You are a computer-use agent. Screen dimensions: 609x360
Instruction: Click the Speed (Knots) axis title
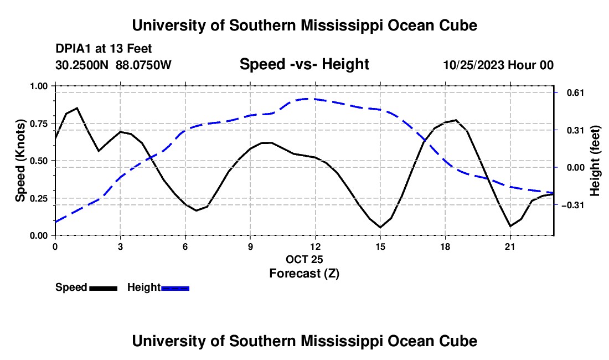point(20,161)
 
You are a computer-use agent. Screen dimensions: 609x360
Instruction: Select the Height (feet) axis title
point(595,161)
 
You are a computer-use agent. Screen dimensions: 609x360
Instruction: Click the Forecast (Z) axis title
point(304,274)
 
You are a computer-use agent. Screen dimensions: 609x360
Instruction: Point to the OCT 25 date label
point(304,259)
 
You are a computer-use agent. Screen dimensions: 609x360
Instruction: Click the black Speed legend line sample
point(104,288)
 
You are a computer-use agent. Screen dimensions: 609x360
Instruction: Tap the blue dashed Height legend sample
point(175,288)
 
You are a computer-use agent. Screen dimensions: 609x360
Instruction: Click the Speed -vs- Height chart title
point(304,64)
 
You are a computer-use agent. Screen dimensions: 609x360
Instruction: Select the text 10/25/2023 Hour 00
point(499,65)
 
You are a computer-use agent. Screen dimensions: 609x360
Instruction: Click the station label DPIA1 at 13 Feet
point(104,49)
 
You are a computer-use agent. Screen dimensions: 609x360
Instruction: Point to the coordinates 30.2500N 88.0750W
point(113,65)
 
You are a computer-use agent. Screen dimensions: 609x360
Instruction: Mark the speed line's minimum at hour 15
point(380,227)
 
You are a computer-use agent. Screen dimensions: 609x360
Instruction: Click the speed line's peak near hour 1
point(78,108)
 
